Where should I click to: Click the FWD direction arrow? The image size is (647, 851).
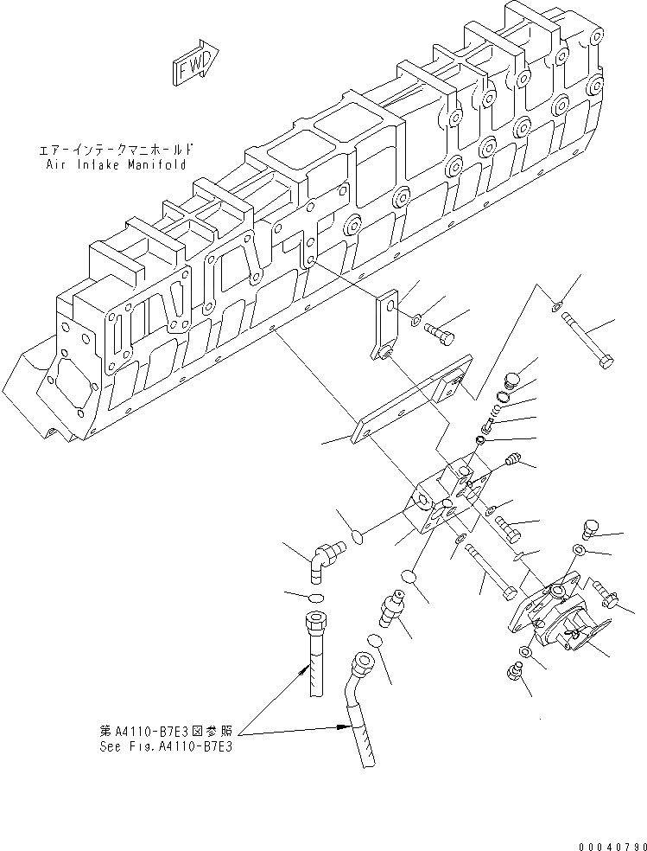[196, 64]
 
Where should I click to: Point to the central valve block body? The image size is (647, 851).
[441, 506]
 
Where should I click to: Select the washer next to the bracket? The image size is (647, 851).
[416, 321]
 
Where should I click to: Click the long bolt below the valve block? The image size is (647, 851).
[492, 572]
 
